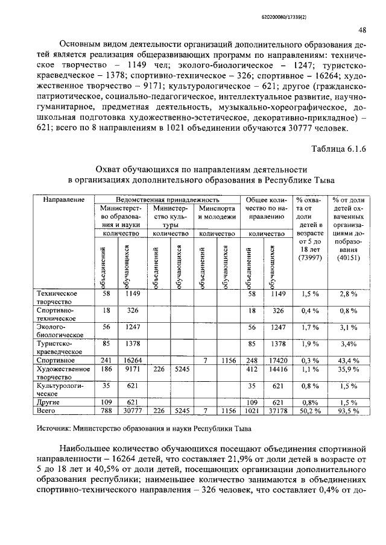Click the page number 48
pos(361,30)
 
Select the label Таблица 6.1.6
pos(338,149)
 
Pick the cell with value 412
pos(252,369)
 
